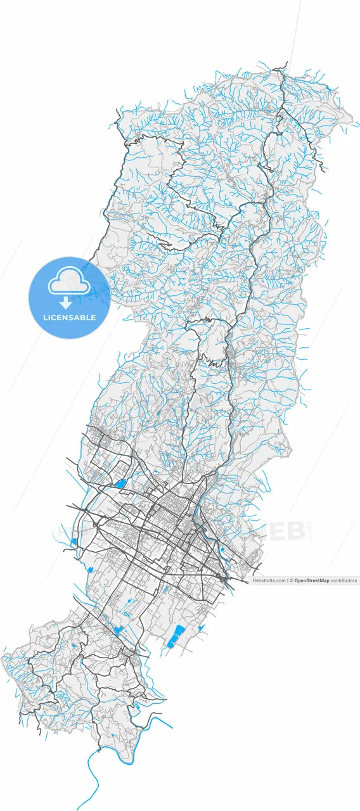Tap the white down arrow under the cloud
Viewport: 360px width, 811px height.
66,303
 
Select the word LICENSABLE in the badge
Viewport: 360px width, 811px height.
70,317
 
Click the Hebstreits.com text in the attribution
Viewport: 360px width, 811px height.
269,580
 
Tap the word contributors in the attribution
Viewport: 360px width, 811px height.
344,580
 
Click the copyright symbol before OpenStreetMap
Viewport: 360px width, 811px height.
292,580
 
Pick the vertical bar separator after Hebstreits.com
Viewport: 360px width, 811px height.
287,580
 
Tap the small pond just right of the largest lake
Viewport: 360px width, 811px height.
201,629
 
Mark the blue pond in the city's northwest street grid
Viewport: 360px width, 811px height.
120,484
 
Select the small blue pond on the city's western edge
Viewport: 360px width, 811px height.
74,542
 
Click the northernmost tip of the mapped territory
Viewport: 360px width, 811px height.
286,63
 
